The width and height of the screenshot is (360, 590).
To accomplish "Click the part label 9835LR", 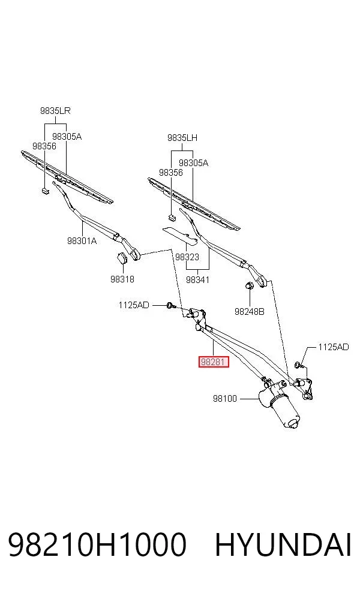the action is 55,110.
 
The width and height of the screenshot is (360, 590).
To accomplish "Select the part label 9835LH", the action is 182,138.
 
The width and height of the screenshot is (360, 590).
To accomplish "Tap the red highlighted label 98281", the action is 214,362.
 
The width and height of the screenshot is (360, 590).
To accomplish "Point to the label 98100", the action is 225,398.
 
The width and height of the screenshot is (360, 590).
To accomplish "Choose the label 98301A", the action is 82,240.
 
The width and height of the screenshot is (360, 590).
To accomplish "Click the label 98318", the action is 122,279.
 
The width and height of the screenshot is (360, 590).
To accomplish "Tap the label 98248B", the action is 249,312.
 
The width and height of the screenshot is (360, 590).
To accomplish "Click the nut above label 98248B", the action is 249,286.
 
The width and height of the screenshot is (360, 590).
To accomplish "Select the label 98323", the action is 187,257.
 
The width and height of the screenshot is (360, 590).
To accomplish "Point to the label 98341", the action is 197,279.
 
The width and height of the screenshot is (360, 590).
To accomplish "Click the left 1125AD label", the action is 134,305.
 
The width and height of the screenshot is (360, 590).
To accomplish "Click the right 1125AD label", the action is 334,347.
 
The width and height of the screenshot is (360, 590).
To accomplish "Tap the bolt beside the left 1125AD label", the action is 170,305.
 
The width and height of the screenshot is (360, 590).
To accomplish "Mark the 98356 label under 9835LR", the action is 44,146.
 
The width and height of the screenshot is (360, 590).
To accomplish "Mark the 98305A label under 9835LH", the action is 194,163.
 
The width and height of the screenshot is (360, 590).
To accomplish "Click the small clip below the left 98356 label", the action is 45,191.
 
